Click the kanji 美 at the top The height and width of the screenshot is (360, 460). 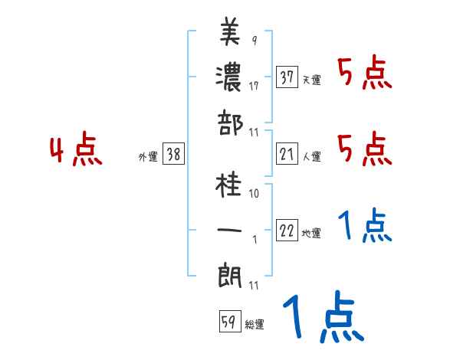230,32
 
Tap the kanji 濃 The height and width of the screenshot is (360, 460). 230,76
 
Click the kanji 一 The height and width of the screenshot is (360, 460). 230,229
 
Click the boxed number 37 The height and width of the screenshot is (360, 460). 287,77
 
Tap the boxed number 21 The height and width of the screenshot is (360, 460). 287,155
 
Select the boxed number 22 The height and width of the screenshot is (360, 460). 287,232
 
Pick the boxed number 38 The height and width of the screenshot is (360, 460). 173,155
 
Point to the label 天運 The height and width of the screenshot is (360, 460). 311,80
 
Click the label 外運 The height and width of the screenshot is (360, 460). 147,157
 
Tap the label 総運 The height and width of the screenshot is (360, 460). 255,325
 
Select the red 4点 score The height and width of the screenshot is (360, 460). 76,150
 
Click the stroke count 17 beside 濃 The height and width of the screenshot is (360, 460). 253,86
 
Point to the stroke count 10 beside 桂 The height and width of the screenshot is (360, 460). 254,194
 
